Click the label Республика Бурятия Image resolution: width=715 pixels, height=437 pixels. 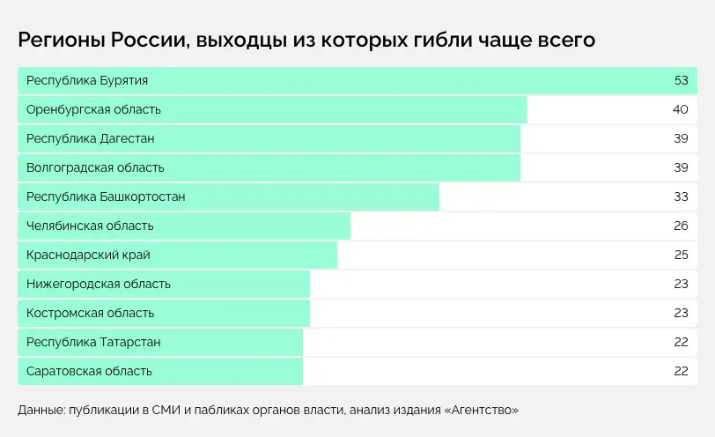tap(87, 81)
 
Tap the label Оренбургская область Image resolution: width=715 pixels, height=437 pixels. tap(93, 110)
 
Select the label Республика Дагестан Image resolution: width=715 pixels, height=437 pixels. tap(91, 139)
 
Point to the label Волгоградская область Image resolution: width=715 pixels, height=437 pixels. tap(95, 167)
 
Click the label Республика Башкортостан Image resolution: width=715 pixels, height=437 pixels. tap(106, 196)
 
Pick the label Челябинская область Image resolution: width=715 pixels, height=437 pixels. tap(90, 226)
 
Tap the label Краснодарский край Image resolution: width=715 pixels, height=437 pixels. tap(88, 255)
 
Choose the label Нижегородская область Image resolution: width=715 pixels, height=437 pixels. tap(99, 284)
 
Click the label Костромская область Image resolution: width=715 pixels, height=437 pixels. tap(90, 313)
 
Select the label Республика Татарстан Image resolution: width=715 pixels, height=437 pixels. tap(93, 342)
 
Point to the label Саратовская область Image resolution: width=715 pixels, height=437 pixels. tap(90, 371)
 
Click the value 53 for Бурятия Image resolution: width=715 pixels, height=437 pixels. tap(681, 81)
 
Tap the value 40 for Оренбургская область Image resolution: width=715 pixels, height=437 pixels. tap(681, 110)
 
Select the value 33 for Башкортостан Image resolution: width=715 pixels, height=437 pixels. tap(681, 196)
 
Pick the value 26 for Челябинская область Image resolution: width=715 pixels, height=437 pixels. tap(681, 226)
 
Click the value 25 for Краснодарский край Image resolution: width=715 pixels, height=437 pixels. tap(681, 255)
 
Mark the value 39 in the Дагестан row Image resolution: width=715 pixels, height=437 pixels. tap(681, 139)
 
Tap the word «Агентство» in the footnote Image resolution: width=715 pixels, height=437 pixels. tap(482, 411)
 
